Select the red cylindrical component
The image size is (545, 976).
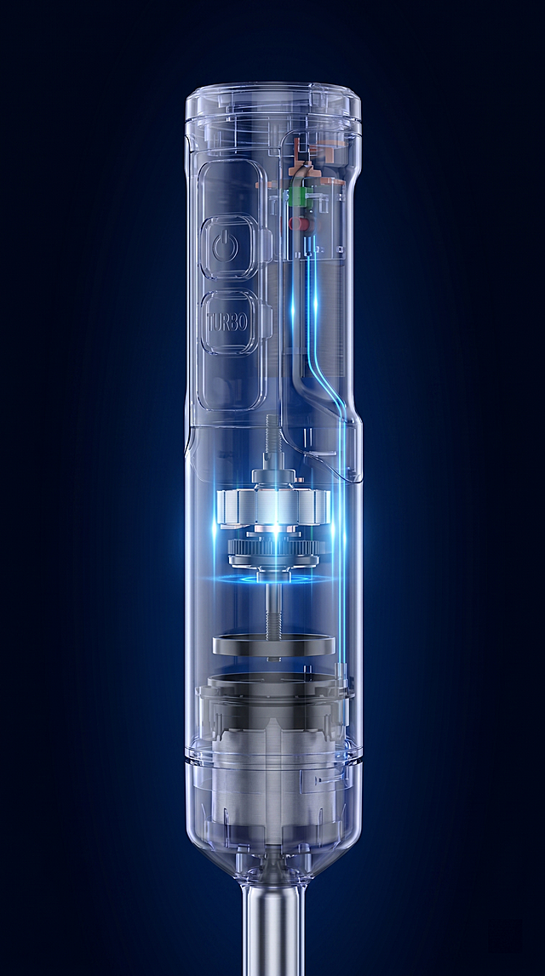(x=301, y=224)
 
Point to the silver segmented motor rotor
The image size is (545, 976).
(x=273, y=505)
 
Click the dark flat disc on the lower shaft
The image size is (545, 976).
(x=273, y=644)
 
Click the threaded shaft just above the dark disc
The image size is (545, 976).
(x=273, y=614)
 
